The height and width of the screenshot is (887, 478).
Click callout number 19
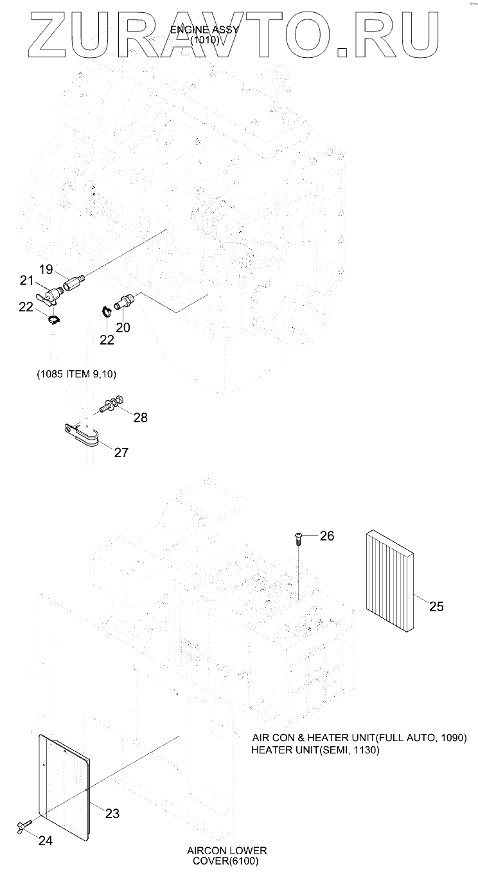(x=46, y=269)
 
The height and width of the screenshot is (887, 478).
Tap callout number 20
(x=123, y=327)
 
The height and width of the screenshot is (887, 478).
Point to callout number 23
(x=112, y=813)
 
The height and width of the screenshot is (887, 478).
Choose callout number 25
(x=436, y=605)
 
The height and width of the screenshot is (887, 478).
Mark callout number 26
(x=327, y=535)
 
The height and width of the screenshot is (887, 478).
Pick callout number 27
(x=121, y=452)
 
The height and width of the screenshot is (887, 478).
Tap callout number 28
(x=140, y=418)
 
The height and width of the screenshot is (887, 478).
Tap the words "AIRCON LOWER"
(x=227, y=850)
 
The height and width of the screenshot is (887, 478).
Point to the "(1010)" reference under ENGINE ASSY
(x=205, y=40)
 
